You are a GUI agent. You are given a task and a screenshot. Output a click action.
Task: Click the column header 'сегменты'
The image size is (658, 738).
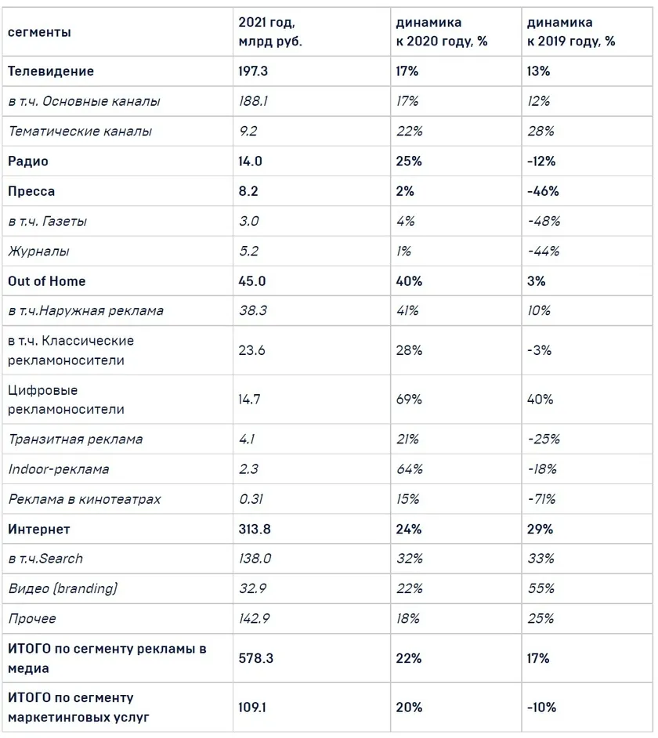click(39, 32)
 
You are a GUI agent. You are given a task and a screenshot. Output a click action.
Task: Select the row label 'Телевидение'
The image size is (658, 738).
click(51, 71)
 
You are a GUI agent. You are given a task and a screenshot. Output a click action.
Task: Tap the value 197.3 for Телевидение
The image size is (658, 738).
click(253, 71)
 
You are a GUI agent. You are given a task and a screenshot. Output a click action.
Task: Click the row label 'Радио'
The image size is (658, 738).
click(28, 161)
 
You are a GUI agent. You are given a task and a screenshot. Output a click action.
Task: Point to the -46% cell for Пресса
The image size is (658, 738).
click(543, 191)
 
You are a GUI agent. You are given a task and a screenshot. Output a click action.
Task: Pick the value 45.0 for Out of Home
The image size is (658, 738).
click(252, 281)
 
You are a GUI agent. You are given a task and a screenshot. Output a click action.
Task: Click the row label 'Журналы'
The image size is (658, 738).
click(38, 251)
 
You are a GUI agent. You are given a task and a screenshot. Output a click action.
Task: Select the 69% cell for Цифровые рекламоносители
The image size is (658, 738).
click(409, 399)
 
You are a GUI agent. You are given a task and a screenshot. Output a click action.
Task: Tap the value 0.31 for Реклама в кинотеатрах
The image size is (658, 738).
click(251, 499)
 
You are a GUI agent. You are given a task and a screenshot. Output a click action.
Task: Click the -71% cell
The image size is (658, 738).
click(542, 499)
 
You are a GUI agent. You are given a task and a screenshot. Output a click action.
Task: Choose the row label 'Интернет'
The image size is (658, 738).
click(39, 529)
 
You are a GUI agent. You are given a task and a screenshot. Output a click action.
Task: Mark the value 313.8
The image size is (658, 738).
click(255, 529)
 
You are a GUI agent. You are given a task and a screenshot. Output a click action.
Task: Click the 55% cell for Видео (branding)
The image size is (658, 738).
click(540, 588)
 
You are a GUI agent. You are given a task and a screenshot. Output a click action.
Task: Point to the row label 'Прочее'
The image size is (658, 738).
click(32, 618)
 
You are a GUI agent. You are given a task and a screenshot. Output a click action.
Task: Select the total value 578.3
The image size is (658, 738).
click(256, 658)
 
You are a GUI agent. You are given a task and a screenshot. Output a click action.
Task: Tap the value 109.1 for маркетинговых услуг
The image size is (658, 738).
click(252, 707)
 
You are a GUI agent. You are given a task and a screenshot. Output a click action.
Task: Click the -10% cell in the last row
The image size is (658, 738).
click(542, 707)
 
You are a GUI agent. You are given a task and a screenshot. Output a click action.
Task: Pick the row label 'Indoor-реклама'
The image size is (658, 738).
click(59, 469)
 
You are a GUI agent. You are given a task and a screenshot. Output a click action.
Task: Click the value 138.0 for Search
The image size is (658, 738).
click(255, 559)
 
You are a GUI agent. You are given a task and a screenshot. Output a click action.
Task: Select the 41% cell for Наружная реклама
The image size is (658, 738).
click(407, 311)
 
